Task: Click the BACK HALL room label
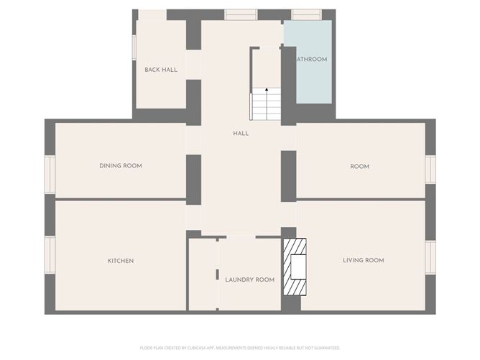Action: pos(161,70)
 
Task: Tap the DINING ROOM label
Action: pos(121,166)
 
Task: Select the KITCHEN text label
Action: pos(121,261)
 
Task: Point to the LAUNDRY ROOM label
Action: pos(249,280)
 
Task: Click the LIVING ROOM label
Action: pos(363,260)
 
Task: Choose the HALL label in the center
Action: pos(241,134)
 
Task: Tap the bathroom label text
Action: pos(312,60)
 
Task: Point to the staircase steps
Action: pos(266,107)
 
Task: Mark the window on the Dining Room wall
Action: pos(50,175)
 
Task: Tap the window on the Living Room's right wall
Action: pos(430,257)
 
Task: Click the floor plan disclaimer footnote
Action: pos(240,347)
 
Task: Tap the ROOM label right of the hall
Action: pos(360,166)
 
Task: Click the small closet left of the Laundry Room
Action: pos(202,274)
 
